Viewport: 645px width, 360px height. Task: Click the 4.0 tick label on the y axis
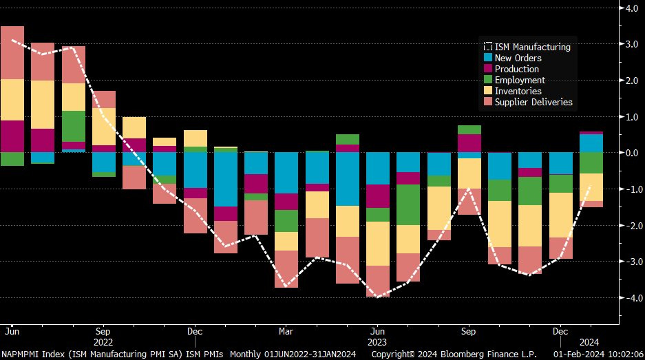tap(632, 8)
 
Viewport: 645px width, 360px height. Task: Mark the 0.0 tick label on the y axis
tap(632, 153)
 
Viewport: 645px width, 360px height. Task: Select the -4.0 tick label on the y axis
tap(631, 298)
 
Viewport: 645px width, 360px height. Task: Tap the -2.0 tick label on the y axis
tap(631, 226)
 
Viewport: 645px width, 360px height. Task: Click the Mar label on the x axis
tap(285, 331)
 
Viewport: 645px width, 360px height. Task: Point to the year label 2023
tap(377, 341)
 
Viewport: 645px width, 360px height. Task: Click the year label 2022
tap(103, 341)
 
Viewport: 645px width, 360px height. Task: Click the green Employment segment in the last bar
tap(591, 163)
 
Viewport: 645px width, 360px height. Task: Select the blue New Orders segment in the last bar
tap(591, 142)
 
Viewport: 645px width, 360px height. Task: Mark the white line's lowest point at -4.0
tap(377, 297)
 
